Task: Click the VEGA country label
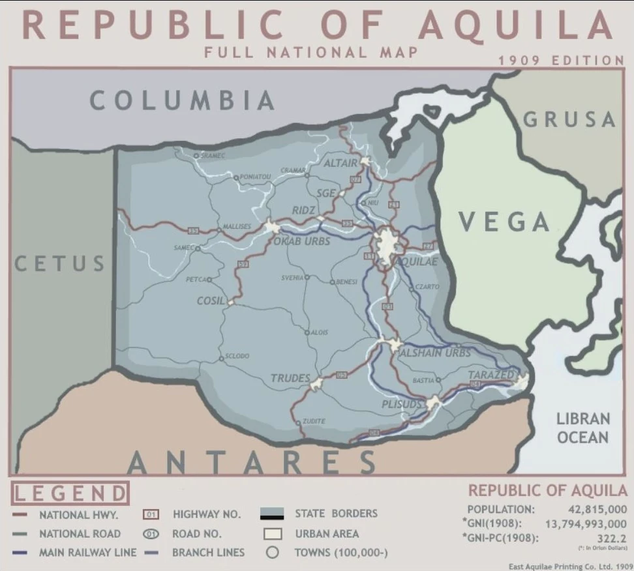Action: pos(505,222)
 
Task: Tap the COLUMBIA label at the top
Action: pos(183,101)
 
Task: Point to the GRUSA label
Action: pos(569,119)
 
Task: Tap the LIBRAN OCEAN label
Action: pos(583,428)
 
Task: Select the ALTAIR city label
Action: pos(341,163)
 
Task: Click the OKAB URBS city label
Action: pos(302,241)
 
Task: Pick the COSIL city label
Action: pos(211,301)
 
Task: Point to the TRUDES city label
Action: pos(290,378)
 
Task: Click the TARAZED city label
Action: pos(491,375)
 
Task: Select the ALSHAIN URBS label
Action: pos(434,352)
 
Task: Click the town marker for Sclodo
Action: pos(222,357)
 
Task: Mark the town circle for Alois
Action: pos(308,332)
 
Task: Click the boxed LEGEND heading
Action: pos(70,493)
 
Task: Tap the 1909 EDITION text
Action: pos(561,60)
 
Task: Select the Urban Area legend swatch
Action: pos(273,534)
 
